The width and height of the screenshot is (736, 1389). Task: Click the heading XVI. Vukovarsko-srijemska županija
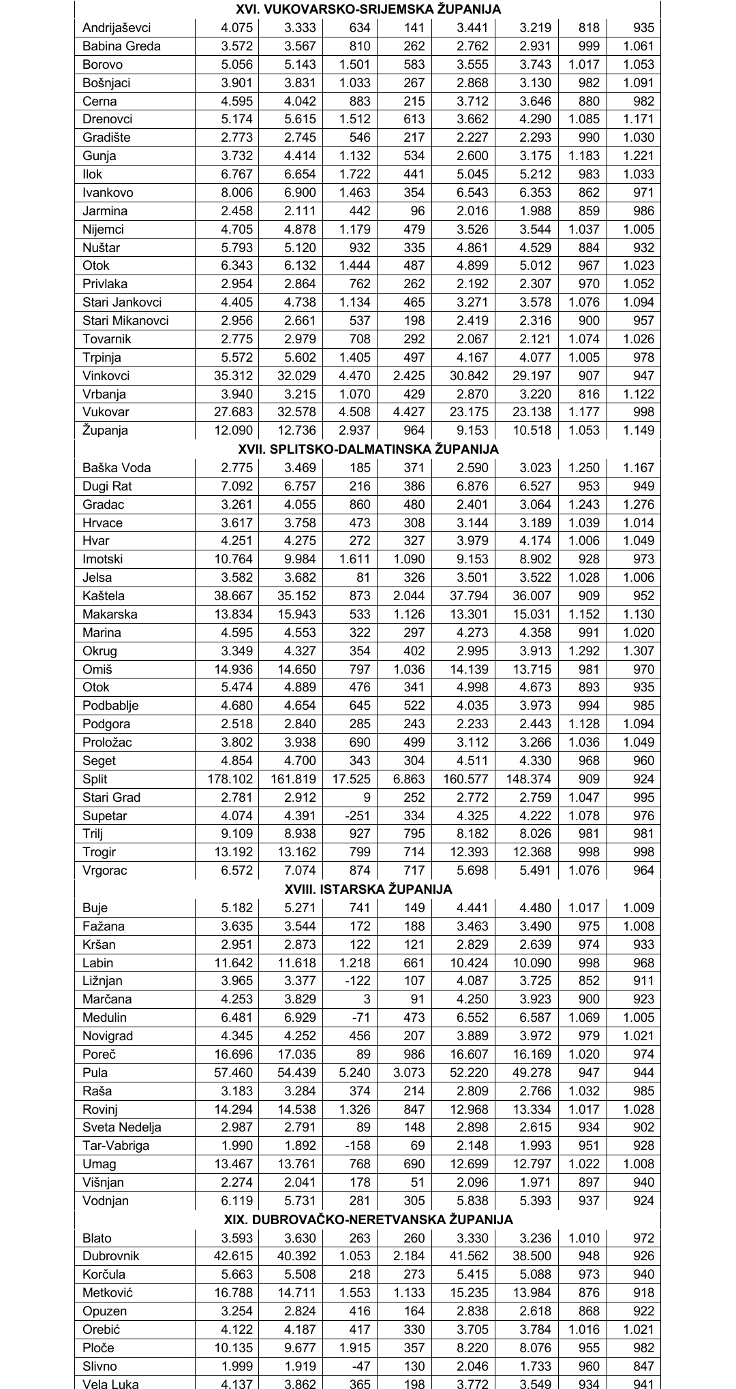click(368, 10)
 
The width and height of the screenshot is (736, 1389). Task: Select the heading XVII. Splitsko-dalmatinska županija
click(368, 449)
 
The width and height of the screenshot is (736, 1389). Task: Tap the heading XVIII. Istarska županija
click(368, 889)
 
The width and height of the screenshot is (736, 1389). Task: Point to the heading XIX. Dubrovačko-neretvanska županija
click(368, 1219)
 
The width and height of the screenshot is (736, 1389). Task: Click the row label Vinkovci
click(106, 376)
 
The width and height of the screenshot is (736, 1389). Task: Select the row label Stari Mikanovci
click(125, 321)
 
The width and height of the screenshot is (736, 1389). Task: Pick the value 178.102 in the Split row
click(230, 779)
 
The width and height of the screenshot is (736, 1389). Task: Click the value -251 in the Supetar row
click(358, 816)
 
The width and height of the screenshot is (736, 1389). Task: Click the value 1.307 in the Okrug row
click(639, 651)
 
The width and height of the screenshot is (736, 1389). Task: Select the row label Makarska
click(110, 614)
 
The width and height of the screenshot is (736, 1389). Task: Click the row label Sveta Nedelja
click(121, 1127)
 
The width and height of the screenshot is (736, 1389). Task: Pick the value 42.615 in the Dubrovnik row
click(233, 1256)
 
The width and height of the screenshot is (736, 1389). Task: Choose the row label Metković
click(108, 1293)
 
